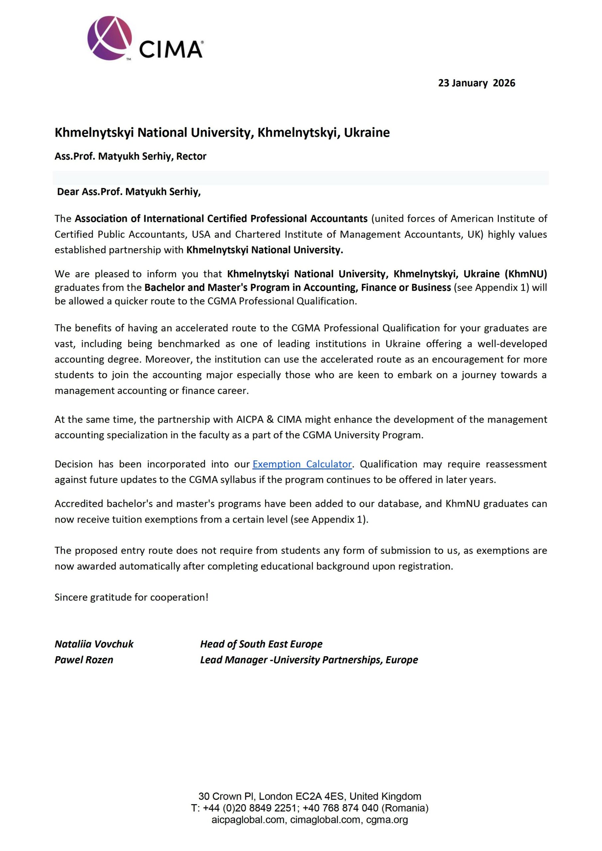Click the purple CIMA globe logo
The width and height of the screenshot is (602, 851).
[x=110, y=38]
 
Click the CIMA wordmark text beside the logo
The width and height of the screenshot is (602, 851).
[x=171, y=49]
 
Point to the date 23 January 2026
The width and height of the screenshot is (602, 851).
[x=476, y=83]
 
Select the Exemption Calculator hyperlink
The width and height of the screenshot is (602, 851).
[x=302, y=464]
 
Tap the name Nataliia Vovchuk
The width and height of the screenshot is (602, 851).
[x=94, y=644]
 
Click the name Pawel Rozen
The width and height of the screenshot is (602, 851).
[x=84, y=660]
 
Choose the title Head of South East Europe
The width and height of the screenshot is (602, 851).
[x=261, y=644]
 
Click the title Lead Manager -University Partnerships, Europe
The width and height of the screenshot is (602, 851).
[x=309, y=660]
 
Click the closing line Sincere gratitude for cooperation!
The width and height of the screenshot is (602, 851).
[x=131, y=597]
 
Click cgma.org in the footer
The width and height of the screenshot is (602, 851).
[x=387, y=819]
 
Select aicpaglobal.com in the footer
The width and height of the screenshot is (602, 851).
[x=248, y=819]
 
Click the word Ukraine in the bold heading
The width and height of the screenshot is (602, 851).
[x=367, y=132]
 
